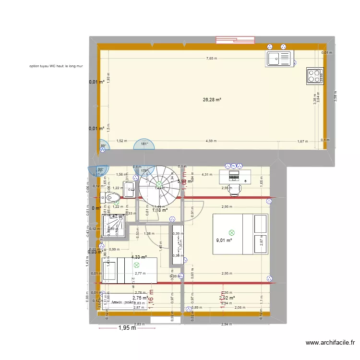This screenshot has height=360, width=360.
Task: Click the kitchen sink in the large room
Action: coord(279,59)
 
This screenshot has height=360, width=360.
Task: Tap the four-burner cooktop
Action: coord(315,75)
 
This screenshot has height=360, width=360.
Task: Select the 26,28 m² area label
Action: coord(212,100)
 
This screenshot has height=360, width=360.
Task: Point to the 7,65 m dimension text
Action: coord(212,59)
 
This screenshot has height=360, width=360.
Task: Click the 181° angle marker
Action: coord(144,144)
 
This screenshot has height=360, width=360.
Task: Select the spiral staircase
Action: coord(159,185)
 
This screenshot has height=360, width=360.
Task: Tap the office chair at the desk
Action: coord(234,190)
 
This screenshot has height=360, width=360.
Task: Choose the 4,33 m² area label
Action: coord(139,257)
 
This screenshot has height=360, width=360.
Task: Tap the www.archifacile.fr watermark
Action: coord(330,343)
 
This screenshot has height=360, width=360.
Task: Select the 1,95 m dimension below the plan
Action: coord(127,328)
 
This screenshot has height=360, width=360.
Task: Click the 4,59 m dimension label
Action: coord(211,141)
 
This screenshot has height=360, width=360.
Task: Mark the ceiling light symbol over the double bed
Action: coord(232,232)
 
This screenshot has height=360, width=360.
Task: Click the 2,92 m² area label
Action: coord(226,298)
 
